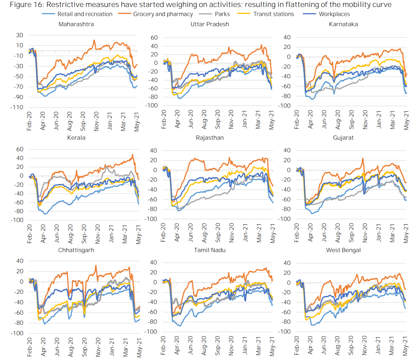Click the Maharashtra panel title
(76, 24)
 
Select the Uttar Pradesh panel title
(210, 24)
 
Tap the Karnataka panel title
(343, 24)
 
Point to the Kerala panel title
(76, 138)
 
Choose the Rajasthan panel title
(210, 138)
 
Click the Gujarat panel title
(343, 138)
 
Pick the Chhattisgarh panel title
(76, 250)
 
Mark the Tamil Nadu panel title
(210, 250)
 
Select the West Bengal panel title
(343, 250)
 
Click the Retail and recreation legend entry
(85, 14)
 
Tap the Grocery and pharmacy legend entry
(163, 14)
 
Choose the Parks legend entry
(222, 14)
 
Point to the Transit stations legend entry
(273, 14)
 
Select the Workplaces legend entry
(334, 14)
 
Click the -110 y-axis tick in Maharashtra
(17, 107)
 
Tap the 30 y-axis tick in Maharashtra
(20, 35)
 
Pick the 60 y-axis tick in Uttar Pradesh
(154, 38)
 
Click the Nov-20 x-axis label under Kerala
(98, 234)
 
